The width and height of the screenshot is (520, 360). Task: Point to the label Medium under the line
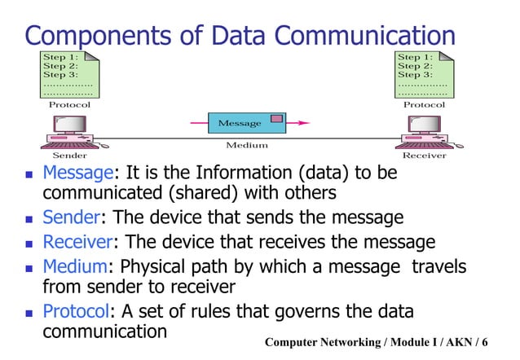point(247,146)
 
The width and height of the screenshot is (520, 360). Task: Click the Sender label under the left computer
point(69,154)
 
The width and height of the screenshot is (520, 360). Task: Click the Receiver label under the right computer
point(425,154)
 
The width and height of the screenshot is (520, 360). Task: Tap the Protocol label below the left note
point(70,104)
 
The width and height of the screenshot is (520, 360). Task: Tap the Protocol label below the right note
point(425,104)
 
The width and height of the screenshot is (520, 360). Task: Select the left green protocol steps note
point(70,73)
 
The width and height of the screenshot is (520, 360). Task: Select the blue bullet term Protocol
point(75,312)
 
